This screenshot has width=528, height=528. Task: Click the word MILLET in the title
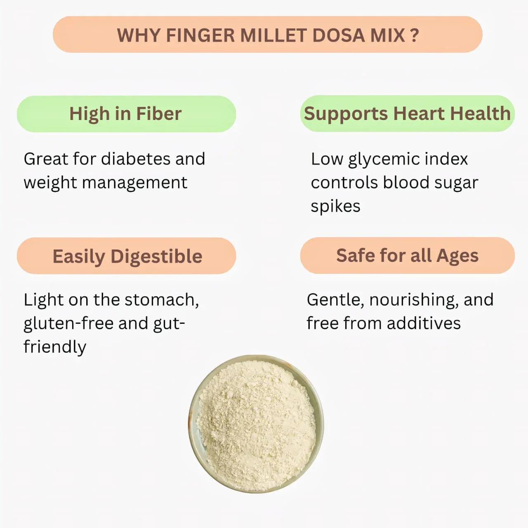tap(273, 35)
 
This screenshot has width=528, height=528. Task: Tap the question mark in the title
tap(415, 35)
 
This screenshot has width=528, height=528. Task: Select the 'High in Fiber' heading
tap(125, 114)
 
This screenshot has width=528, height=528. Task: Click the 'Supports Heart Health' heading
tap(407, 113)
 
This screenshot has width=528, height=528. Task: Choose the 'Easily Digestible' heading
tap(127, 256)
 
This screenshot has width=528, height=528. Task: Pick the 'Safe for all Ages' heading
tap(407, 255)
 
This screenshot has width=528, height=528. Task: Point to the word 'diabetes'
tap(136, 159)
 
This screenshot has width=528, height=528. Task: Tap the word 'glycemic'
tap(378, 159)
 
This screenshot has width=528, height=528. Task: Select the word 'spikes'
tap(335, 206)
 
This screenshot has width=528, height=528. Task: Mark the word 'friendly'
tap(55, 347)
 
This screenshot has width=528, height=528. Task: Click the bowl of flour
tap(256, 424)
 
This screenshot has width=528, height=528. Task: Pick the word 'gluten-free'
tap(68, 324)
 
